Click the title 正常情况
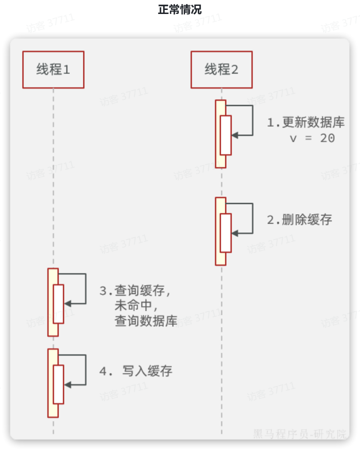[x=180, y=10]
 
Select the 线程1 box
[x=53, y=69]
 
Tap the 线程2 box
[x=221, y=69]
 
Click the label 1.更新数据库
[x=306, y=122]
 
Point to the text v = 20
[x=312, y=138]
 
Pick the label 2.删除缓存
[x=300, y=220]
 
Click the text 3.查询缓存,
[x=135, y=290]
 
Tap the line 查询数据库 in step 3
[x=146, y=322]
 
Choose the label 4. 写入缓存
[x=136, y=372]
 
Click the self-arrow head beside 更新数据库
[x=235, y=135]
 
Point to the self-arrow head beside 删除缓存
[x=235, y=233]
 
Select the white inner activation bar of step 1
[x=226, y=135]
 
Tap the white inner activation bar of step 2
[x=226, y=233]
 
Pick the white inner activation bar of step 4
[x=59, y=384]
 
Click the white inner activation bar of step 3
[x=59, y=304]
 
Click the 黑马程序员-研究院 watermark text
[x=300, y=434]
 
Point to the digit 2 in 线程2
[x=234, y=69]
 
